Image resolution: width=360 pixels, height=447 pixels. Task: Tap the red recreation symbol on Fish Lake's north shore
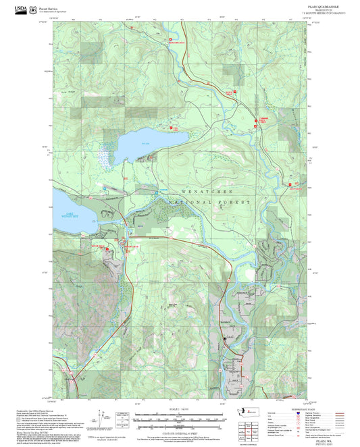(170, 126)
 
